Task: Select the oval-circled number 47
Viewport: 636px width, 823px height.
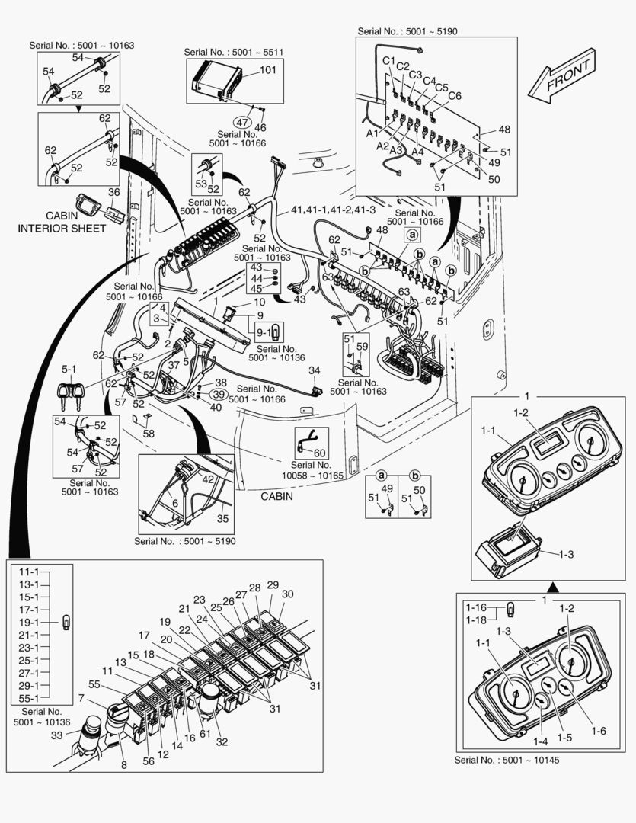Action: (241, 122)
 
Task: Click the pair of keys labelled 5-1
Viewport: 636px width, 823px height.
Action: (69, 394)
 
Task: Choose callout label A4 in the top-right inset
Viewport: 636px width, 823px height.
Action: (417, 152)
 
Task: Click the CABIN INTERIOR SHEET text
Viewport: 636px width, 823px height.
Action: (62, 222)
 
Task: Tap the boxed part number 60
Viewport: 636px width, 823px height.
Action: (319, 453)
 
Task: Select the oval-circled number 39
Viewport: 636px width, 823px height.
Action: (218, 394)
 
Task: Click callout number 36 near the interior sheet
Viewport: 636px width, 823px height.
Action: (113, 192)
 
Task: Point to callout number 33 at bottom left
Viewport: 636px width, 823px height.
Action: (56, 735)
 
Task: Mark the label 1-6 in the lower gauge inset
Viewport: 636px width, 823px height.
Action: (598, 731)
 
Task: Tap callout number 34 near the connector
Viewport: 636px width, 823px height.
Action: (315, 370)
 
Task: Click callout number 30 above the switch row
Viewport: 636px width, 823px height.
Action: (287, 594)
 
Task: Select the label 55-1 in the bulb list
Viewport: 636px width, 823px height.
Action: (29, 697)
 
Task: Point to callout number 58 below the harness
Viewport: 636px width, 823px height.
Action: (149, 433)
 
